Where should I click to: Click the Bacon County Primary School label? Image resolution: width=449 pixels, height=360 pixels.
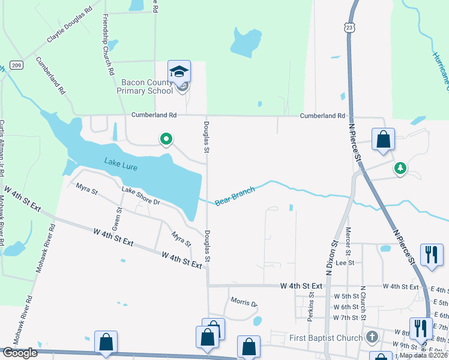[146, 86]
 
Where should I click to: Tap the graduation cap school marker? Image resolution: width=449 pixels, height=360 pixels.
[179, 71]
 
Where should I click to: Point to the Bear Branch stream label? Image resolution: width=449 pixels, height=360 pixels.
[235, 196]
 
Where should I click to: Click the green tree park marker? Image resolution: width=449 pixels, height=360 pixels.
[400, 169]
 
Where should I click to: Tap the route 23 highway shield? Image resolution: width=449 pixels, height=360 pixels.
[350, 27]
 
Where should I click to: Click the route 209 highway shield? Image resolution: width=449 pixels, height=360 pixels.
[17, 65]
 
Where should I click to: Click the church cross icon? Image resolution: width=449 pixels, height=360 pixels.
[373, 337]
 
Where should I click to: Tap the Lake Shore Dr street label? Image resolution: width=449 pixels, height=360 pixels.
[140, 196]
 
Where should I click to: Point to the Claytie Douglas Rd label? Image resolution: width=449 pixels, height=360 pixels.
[71, 26]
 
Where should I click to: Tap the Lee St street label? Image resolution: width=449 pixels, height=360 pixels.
[345, 263]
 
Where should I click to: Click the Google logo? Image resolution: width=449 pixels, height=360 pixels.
[20, 353]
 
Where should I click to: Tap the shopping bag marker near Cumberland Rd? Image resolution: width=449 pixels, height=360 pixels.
[383, 139]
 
